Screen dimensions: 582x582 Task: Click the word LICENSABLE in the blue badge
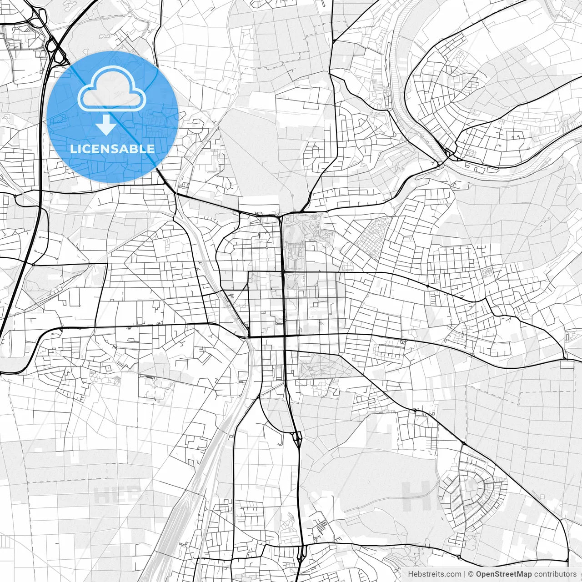(112, 149)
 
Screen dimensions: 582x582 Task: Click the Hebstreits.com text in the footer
(435, 574)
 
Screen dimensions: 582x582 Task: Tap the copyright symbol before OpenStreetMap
(471, 574)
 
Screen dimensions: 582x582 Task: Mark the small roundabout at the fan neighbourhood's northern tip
(463, 443)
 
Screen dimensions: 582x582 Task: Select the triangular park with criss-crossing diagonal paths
(324, 366)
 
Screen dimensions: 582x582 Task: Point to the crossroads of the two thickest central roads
(284, 336)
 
